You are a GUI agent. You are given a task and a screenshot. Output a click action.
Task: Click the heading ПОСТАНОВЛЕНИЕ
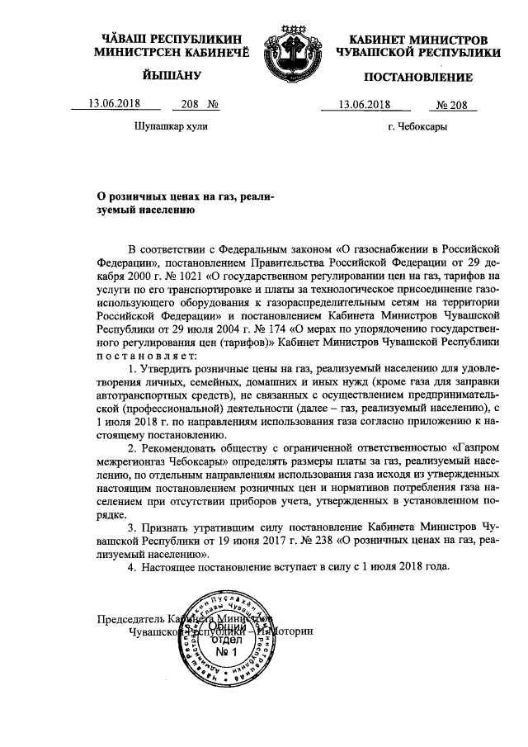tap(418, 78)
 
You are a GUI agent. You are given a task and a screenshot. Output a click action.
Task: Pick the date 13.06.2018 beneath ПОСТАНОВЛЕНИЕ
tap(364, 104)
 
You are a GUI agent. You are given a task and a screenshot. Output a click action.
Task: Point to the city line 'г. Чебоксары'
tap(418, 127)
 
